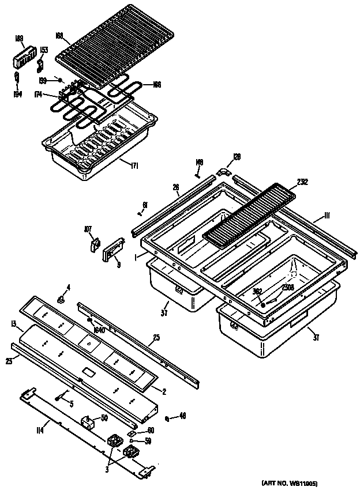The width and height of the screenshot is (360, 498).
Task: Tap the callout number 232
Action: click(302, 182)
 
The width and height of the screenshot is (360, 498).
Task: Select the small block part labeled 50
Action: click(88, 423)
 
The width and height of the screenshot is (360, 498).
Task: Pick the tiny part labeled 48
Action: click(166, 417)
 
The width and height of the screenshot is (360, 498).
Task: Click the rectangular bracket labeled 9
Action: click(112, 252)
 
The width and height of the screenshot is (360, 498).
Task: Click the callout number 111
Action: click(326, 216)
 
